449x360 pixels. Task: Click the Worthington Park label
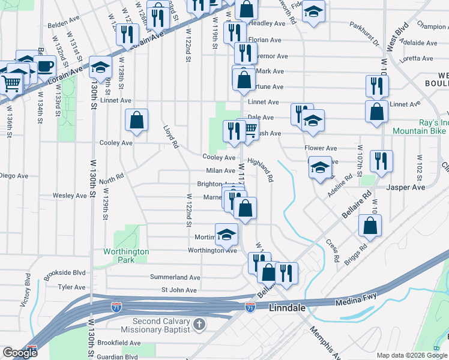click(x=125, y=256)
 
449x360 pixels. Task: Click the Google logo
click(x=20, y=353)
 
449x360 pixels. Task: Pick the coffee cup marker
click(x=46, y=65)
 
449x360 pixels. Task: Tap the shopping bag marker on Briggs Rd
click(x=370, y=226)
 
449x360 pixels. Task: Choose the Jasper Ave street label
click(x=406, y=187)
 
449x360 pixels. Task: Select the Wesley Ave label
click(x=70, y=196)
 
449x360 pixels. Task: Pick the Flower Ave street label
click(x=321, y=148)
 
